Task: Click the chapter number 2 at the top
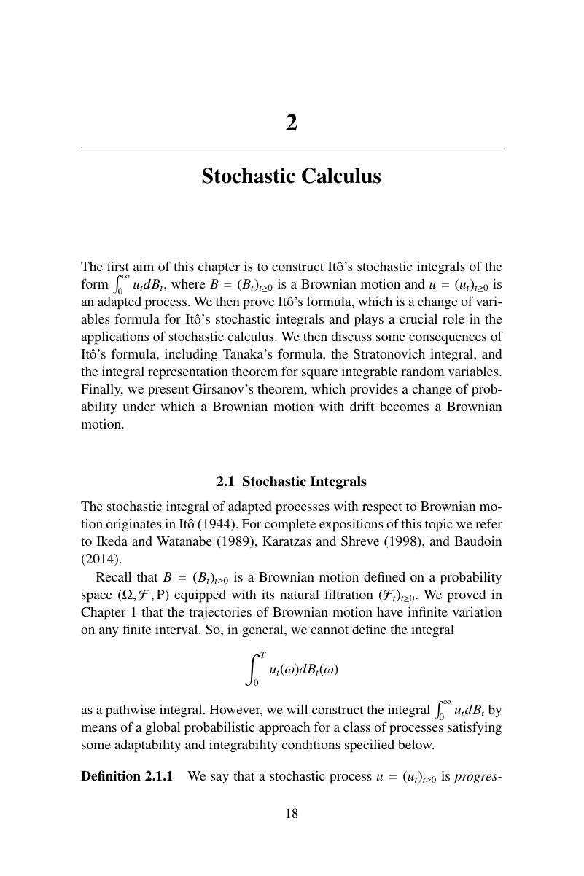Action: click(x=292, y=123)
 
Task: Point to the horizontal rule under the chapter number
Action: click(x=292, y=149)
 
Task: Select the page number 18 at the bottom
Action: click(x=292, y=814)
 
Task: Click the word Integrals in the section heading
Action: click(x=338, y=482)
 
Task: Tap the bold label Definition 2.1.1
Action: click(x=127, y=776)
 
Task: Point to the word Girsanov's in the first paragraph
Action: click(x=187, y=389)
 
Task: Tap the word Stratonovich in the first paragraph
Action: click(x=392, y=354)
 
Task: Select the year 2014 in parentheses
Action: click(x=101, y=559)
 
